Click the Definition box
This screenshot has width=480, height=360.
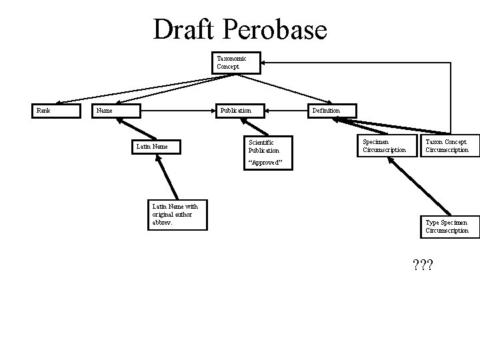[331, 111]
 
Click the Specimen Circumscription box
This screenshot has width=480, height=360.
[384, 146]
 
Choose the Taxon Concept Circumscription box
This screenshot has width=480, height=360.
[447, 146]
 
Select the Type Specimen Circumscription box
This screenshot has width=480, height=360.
[447, 226]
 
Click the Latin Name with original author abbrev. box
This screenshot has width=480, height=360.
[179, 215]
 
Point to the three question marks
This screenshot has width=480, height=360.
[423, 265]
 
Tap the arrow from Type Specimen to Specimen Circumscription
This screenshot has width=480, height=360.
[410, 187]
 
